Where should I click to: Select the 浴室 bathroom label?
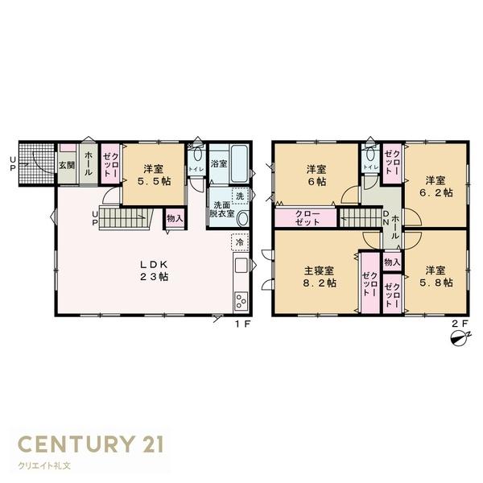(217, 163)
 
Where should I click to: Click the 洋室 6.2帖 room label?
(436, 186)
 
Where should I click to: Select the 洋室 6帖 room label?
(316, 175)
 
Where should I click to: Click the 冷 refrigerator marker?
(239, 241)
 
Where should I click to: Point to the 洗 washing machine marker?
(240, 196)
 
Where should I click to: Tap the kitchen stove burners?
(241, 302)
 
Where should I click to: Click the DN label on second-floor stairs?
(386, 217)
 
